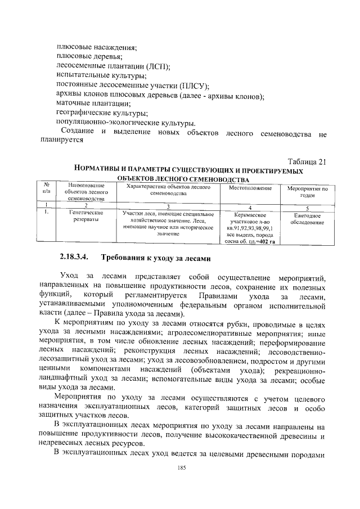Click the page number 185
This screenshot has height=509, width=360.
181,468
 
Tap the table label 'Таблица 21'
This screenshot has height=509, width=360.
307,162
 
